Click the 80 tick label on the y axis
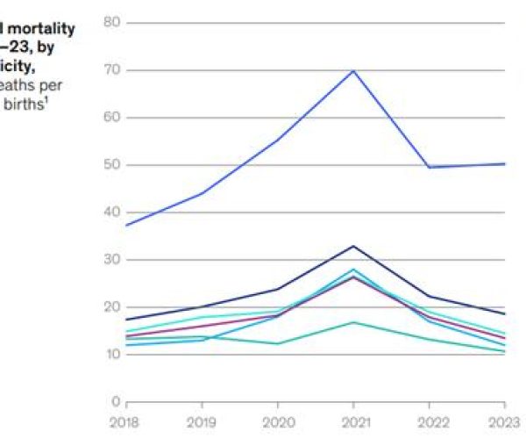coord(110,22)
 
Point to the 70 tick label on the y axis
coord(110,69)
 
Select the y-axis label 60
coord(110,117)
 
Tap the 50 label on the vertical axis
coord(110,164)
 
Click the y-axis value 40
coord(110,212)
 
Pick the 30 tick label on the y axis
coord(110,260)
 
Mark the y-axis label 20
coord(110,307)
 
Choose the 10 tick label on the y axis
coord(110,355)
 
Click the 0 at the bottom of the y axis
coord(115,402)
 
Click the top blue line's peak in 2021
coord(353,70)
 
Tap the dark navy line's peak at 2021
coord(353,246)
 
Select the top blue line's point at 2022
coord(430,167)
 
